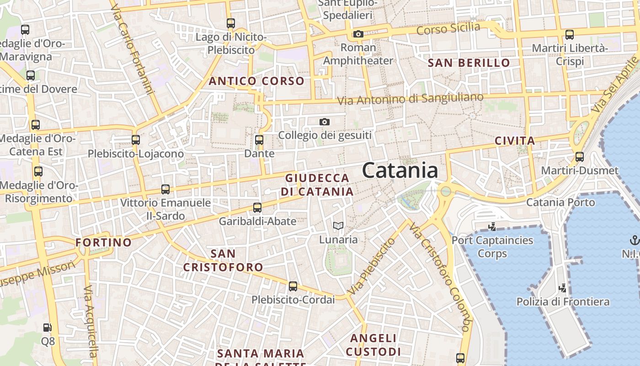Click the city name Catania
coord(400,171)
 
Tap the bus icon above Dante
coord(259,140)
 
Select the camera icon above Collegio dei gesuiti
coord(325,122)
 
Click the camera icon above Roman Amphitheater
coord(358,34)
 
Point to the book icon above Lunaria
coord(338,226)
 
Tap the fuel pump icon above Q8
coord(48,328)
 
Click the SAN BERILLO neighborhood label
coord(469,63)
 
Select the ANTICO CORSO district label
coord(256,81)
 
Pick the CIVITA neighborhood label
coord(515,141)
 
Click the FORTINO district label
coord(103,242)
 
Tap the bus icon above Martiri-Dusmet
coord(580,157)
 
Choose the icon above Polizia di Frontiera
coord(563,288)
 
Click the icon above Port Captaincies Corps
coord(492,226)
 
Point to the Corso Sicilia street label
coord(448,29)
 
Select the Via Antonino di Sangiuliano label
coord(410,99)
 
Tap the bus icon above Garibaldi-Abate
coord(257,208)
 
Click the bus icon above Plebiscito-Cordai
coord(293,286)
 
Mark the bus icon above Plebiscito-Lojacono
coord(136,140)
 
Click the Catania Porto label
coord(560,202)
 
